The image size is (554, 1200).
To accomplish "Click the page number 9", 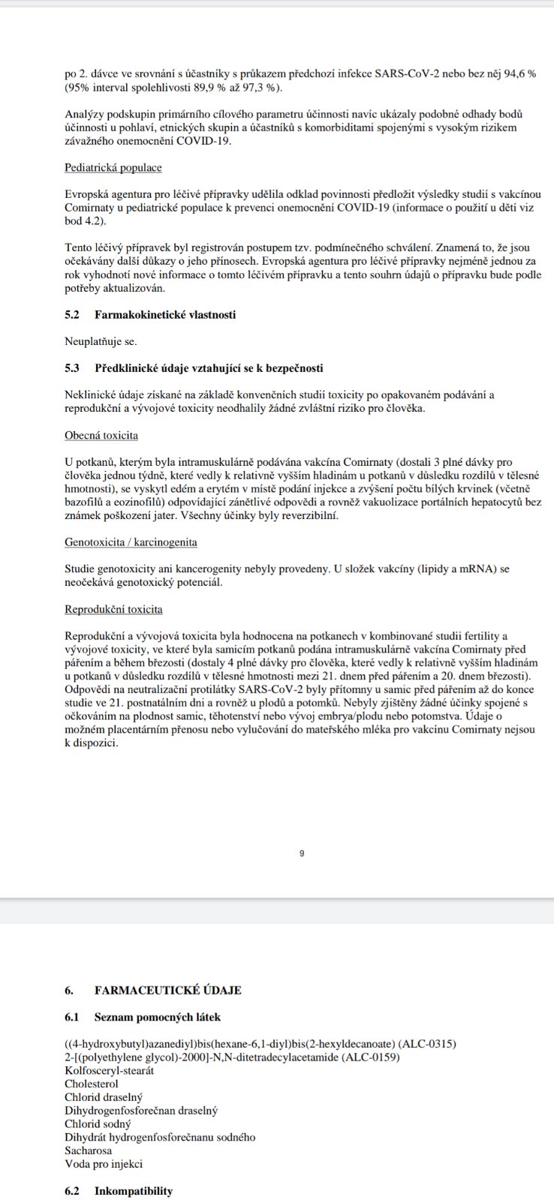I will (301, 853).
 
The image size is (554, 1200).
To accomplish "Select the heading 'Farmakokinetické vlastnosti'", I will (165, 314).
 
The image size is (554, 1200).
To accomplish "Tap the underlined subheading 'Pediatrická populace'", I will (113, 167).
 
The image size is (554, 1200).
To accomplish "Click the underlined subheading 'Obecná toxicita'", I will (101, 435).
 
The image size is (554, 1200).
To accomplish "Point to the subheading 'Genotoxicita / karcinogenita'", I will (131, 541).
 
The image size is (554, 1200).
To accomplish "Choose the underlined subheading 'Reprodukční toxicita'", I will (113, 609).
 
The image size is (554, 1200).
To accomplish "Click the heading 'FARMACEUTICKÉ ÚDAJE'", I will (168, 990).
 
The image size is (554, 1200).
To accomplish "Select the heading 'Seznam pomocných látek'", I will (158, 1017).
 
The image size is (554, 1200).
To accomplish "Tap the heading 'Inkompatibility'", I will (134, 1190).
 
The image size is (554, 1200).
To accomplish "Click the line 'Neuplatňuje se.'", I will (101, 341).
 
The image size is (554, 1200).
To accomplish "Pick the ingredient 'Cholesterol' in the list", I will (92, 1084).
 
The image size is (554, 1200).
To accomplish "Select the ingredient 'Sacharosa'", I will (89, 1150).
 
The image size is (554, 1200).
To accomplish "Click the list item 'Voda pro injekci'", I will (104, 1164).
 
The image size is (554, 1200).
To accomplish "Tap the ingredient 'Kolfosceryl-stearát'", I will (110, 1070).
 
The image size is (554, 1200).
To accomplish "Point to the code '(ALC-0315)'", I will (427, 1044).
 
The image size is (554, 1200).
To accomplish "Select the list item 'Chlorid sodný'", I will (98, 1123).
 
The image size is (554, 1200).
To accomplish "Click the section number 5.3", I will (72, 367).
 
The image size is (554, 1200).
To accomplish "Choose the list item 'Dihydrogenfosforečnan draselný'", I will (141, 1110).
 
